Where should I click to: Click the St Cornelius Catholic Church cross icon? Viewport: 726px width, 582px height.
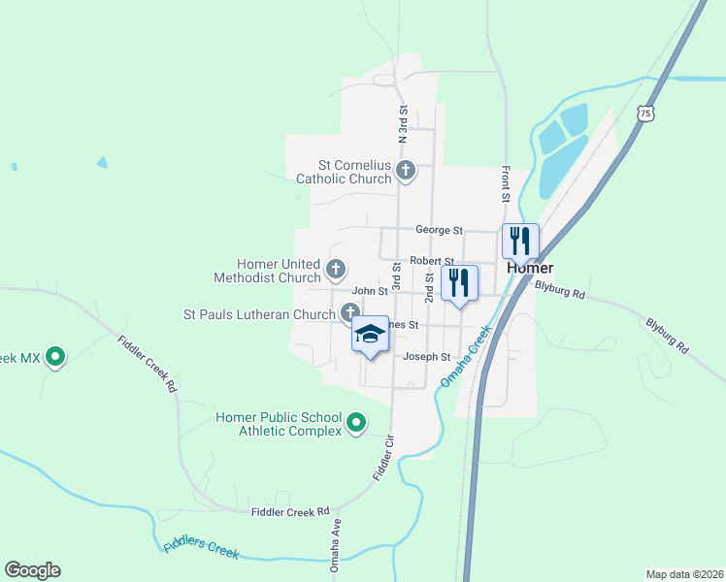click(x=407, y=172)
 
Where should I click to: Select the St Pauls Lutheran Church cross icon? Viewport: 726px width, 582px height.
click(x=349, y=312)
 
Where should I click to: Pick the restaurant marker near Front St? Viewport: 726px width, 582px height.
click(x=520, y=240)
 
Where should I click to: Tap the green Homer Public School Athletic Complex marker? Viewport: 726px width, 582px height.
click(x=356, y=422)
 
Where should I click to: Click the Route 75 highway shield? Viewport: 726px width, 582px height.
click(x=646, y=114)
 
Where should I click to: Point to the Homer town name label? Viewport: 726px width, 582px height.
click(x=530, y=268)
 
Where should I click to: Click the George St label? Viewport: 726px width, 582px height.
click(x=439, y=230)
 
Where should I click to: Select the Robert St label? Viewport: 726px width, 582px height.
click(x=432, y=261)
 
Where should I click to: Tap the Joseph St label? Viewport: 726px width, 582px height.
click(x=428, y=357)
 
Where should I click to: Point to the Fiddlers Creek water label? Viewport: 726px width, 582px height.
click(x=201, y=548)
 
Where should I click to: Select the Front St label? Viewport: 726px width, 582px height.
click(x=506, y=183)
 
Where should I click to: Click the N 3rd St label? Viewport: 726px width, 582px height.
click(x=402, y=125)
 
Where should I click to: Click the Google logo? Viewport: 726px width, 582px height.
click(x=32, y=570)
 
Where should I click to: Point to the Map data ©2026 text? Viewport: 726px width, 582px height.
click(x=683, y=573)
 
